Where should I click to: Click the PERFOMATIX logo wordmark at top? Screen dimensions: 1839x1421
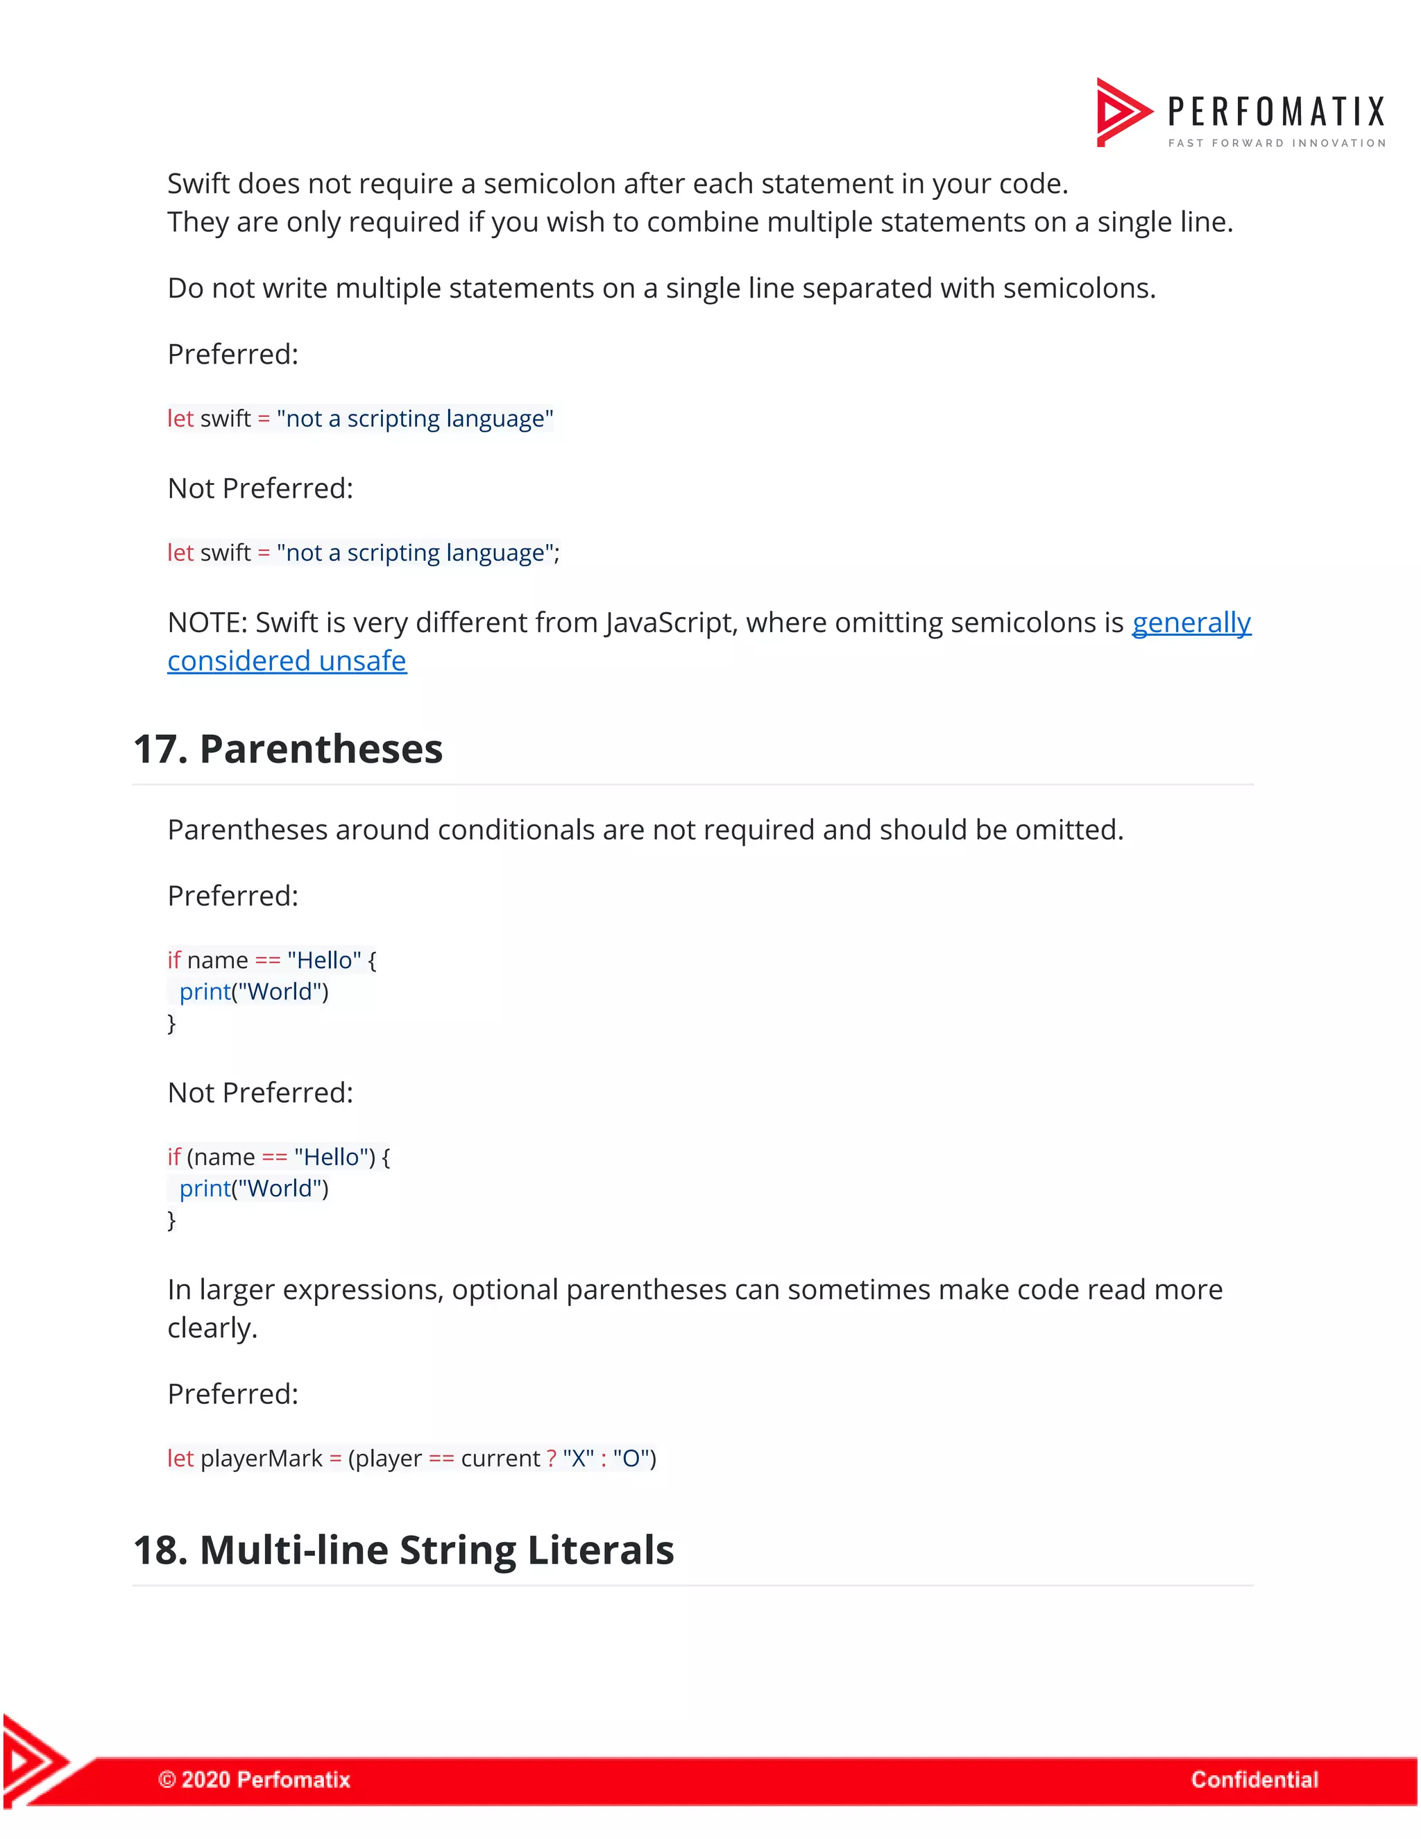[x=1275, y=111]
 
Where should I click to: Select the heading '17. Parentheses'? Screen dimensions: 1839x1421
[x=288, y=749]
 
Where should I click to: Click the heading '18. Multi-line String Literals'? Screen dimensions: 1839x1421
[x=403, y=1550]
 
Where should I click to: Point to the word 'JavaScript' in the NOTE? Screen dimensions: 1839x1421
[x=670, y=622]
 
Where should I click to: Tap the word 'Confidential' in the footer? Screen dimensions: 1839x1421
[x=1254, y=1779]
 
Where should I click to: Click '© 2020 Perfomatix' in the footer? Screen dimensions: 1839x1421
[x=254, y=1779]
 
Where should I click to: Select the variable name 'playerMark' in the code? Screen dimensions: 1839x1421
[x=261, y=1459]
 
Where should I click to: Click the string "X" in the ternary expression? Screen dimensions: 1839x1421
[x=579, y=1459]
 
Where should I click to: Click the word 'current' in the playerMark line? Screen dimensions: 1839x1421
[x=500, y=1459]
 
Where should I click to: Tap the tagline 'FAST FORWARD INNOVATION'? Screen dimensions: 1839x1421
[x=1276, y=143]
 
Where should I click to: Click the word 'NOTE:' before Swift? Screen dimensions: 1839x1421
[x=207, y=622]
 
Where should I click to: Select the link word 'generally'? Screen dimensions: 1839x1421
[x=1191, y=622]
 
